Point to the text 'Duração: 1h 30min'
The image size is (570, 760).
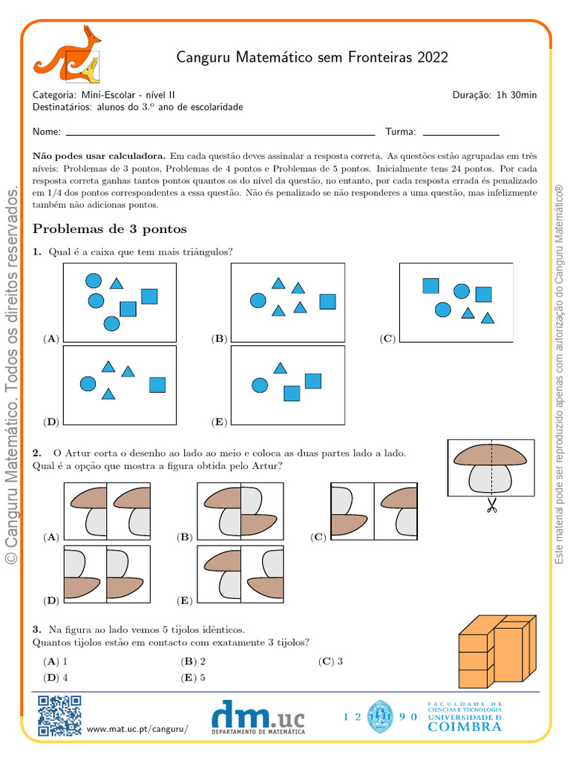[x=494, y=94]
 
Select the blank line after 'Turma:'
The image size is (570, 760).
[x=460, y=134]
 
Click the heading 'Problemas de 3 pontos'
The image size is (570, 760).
[x=110, y=229]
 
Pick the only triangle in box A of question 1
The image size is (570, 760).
[x=117, y=283]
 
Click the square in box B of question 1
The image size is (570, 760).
[x=327, y=301]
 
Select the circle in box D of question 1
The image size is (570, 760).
[x=88, y=384]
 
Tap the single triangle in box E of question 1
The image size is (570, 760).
[x=280, y=367]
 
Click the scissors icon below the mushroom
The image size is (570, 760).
[x=491, y=507]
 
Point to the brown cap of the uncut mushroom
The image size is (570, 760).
[x=490, y=455]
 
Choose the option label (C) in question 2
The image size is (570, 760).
[x=318, y=537]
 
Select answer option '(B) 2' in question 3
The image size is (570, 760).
[x=194, y=661]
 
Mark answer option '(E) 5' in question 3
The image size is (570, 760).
[x=194, y=677]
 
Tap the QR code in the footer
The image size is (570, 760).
[x=59, y=715]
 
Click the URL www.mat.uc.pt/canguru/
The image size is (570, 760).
[x=137, y=730]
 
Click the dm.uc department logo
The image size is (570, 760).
[x=258, y=718]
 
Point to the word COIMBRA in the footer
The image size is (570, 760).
[x=465, y=727]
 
